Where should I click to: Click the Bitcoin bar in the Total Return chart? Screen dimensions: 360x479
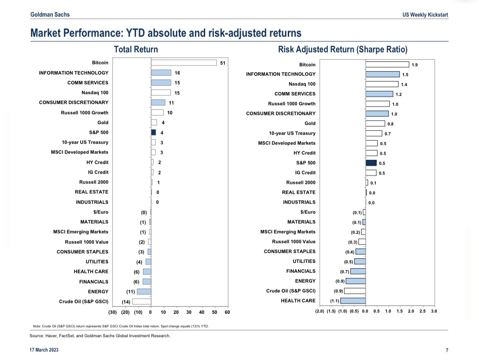183,63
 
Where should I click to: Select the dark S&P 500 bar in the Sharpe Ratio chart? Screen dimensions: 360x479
371,163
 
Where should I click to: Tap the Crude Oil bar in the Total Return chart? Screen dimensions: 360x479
142,301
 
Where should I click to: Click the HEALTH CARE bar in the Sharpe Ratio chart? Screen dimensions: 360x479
352,301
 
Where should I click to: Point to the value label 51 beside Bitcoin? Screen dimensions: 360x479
223,63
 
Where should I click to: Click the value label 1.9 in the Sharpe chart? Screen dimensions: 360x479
415,65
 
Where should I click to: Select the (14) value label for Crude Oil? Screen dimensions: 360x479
127,302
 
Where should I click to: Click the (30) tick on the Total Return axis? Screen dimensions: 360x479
113,312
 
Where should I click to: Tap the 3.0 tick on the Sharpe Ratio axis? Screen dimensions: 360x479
434,311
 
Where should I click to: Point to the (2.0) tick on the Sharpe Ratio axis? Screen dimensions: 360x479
319,311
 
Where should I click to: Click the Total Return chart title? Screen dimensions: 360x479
136,50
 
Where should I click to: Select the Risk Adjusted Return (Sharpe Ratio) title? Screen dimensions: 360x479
343,50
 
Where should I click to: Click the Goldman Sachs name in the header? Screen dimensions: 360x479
50,15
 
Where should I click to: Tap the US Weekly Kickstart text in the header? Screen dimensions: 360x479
425,15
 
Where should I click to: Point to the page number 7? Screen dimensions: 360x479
447,350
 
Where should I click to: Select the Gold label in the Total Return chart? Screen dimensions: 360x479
103,122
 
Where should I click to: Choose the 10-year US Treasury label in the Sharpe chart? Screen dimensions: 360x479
292,133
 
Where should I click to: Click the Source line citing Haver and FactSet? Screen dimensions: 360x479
100,336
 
